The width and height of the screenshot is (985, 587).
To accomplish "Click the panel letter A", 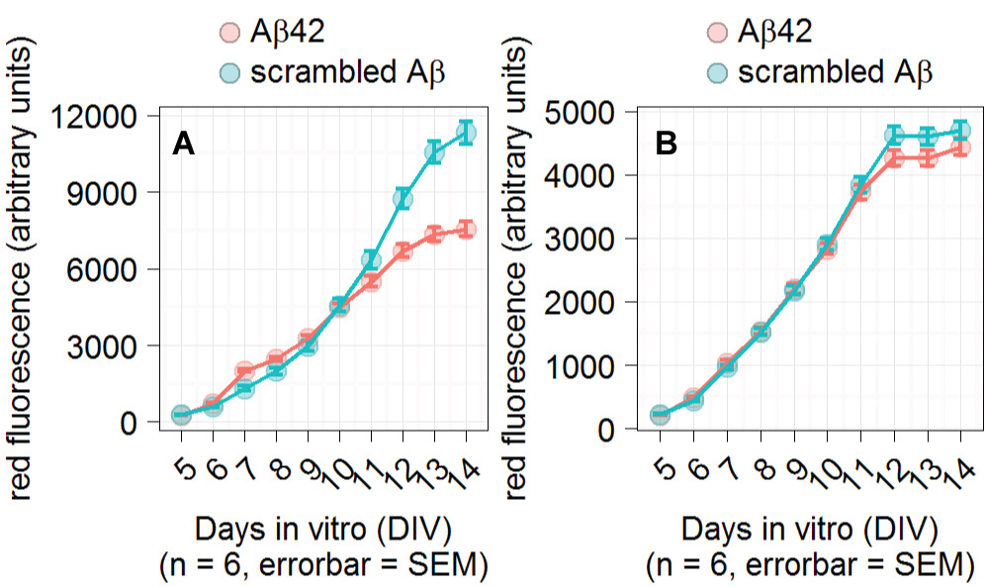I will pos(183,145).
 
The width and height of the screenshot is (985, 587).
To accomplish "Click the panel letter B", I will pos(667,145).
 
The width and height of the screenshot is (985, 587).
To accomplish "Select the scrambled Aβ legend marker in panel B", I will pos(719,72).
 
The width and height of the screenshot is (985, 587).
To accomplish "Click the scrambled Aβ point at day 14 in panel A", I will pos(466,133).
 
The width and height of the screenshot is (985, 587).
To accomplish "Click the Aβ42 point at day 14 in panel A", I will pos(466,230).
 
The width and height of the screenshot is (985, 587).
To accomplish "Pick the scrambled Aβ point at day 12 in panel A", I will pos(403,199).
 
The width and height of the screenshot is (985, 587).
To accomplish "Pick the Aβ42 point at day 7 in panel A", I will pos(244,371).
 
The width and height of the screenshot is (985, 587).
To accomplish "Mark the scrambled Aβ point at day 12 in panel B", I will pos(894,136).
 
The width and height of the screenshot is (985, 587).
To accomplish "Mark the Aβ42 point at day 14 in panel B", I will pos(959,147).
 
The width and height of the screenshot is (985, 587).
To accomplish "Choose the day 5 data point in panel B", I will pos(660,416).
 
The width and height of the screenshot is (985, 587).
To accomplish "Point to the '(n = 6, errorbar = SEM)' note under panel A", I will pos(324,565).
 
